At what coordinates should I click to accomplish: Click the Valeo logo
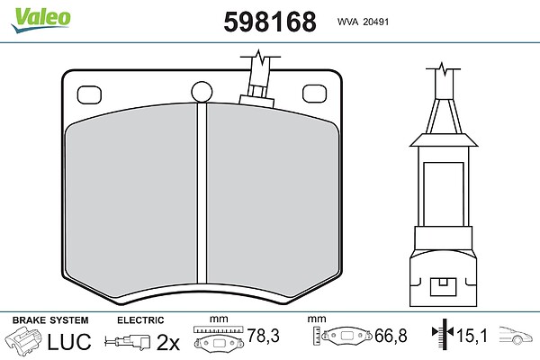(40, 19)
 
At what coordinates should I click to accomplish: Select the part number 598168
(270, 22)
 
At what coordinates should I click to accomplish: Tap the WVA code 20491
(375, 22)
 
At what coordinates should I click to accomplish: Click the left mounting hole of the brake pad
(89, 94)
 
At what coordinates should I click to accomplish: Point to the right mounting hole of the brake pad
(314, 94)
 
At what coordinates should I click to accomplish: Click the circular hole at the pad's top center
(202, 92)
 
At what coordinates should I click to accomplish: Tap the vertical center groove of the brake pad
(202, 193)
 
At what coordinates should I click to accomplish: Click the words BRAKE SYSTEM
(50, 320)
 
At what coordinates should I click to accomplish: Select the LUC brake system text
(69, 341)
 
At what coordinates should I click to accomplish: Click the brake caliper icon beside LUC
(23, 339)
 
